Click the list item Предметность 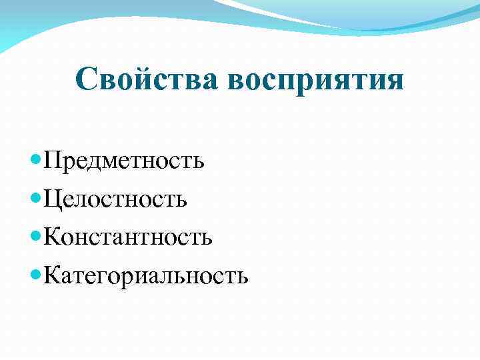click(124, 161)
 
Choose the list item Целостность click(115, 199)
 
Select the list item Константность click(128, 237)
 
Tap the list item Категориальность click(146, 275)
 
